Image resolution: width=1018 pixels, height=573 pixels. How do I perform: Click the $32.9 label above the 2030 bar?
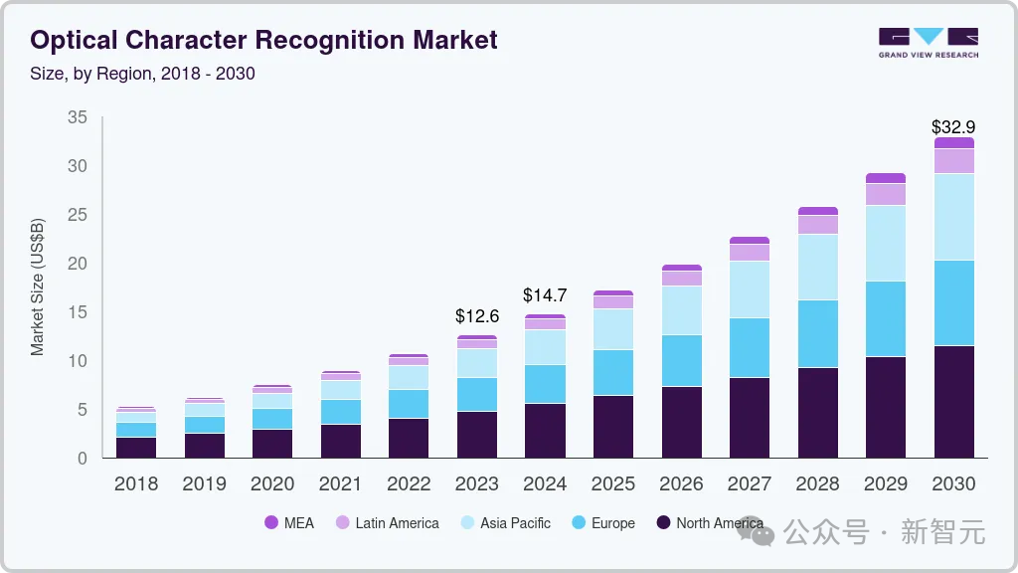point(953,127)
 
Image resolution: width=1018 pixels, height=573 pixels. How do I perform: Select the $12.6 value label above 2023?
point(477,316)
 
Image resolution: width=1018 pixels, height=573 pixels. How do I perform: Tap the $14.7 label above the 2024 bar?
point(545,295)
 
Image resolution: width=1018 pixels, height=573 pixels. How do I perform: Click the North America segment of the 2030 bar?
point(953,402)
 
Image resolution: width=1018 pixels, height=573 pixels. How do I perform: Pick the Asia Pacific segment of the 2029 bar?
point(885,243)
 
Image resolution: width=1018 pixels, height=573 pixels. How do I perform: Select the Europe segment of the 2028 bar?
point(817,333)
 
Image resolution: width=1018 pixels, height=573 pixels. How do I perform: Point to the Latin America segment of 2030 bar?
point(953,161)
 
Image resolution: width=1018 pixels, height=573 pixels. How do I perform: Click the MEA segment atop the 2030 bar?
point(953,143)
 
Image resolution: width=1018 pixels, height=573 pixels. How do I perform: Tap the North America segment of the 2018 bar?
point(136,448)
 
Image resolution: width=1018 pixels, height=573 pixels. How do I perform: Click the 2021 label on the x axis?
point(341,484)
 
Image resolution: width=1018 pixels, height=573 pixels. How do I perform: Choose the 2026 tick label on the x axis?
point(681,484)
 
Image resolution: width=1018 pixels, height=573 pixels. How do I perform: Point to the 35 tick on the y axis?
point(77,118)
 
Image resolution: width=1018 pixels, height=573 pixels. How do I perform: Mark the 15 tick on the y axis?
point(77,312)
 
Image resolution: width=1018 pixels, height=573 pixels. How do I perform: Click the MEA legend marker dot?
point(271,523)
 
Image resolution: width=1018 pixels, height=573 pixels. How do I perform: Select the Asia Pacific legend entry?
point(515,523)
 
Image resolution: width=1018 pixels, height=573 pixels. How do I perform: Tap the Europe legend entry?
point(612,523)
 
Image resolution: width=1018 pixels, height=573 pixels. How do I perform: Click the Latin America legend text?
point(397,523)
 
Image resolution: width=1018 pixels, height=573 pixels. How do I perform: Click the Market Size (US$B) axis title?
point(38,287)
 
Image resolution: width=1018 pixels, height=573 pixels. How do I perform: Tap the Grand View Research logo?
point(928,43)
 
